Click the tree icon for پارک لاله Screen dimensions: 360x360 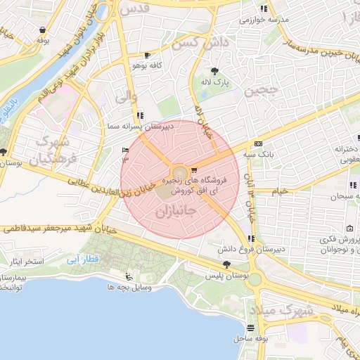(214, 70)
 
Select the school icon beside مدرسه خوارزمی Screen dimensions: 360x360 (264, 8)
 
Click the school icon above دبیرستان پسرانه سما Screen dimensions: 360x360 (141, 115)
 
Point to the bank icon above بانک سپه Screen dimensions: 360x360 (258, 142)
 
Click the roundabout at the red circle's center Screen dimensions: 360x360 (179, 172)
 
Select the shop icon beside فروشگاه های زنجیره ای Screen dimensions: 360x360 (193, 170)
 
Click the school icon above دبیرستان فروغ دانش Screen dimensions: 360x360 (251, 238)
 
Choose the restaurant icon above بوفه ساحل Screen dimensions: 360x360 (251, 328)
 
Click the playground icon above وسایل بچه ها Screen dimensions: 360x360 (127, 276)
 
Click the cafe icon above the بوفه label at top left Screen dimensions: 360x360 (44, 30)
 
